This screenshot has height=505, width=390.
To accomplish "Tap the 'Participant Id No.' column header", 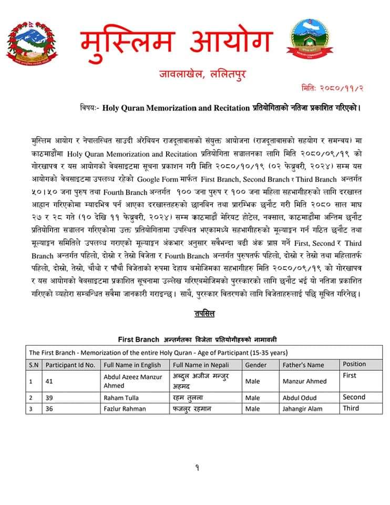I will pos(70,365).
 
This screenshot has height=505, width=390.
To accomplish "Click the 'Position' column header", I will pos(354,364).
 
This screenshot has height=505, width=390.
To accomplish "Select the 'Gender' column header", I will pos(256,365).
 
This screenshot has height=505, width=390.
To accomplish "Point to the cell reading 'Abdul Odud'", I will pos(300,398).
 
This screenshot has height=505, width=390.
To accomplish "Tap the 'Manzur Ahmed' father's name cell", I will pos(304,381).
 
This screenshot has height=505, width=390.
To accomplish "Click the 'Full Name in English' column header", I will pos(132,365).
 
